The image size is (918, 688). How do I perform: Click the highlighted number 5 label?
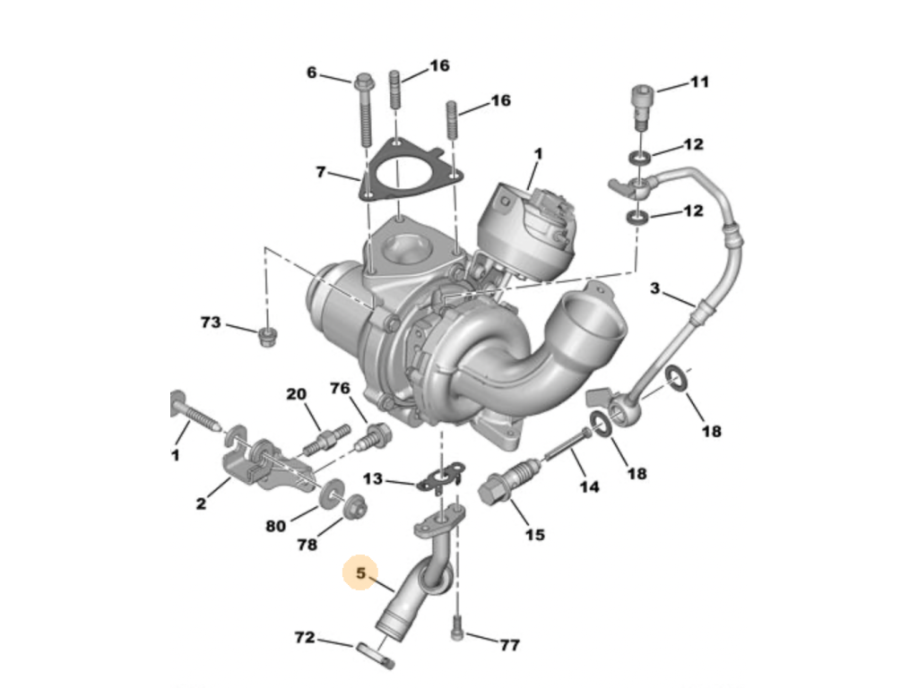click(360, 572)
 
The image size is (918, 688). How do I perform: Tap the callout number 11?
click(699, 82)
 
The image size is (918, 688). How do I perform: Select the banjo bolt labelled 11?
click(642, 107)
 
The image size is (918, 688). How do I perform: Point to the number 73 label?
click(211, 322)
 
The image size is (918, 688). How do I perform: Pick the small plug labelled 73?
click(267, 337)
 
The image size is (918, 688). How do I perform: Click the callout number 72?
click(305, 637)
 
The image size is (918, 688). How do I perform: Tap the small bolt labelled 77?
click(457, 628)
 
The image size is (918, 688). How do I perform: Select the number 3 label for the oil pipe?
click(654, 288)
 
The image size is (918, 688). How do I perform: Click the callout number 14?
click(589, 486)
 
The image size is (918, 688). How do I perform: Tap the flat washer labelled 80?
click(332, 493)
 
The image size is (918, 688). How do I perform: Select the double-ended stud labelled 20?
click(326, 441)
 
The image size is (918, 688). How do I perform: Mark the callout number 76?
click(340, 388)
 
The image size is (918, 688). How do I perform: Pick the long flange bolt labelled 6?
click(364, 110)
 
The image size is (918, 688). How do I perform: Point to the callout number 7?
click(320, 172)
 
